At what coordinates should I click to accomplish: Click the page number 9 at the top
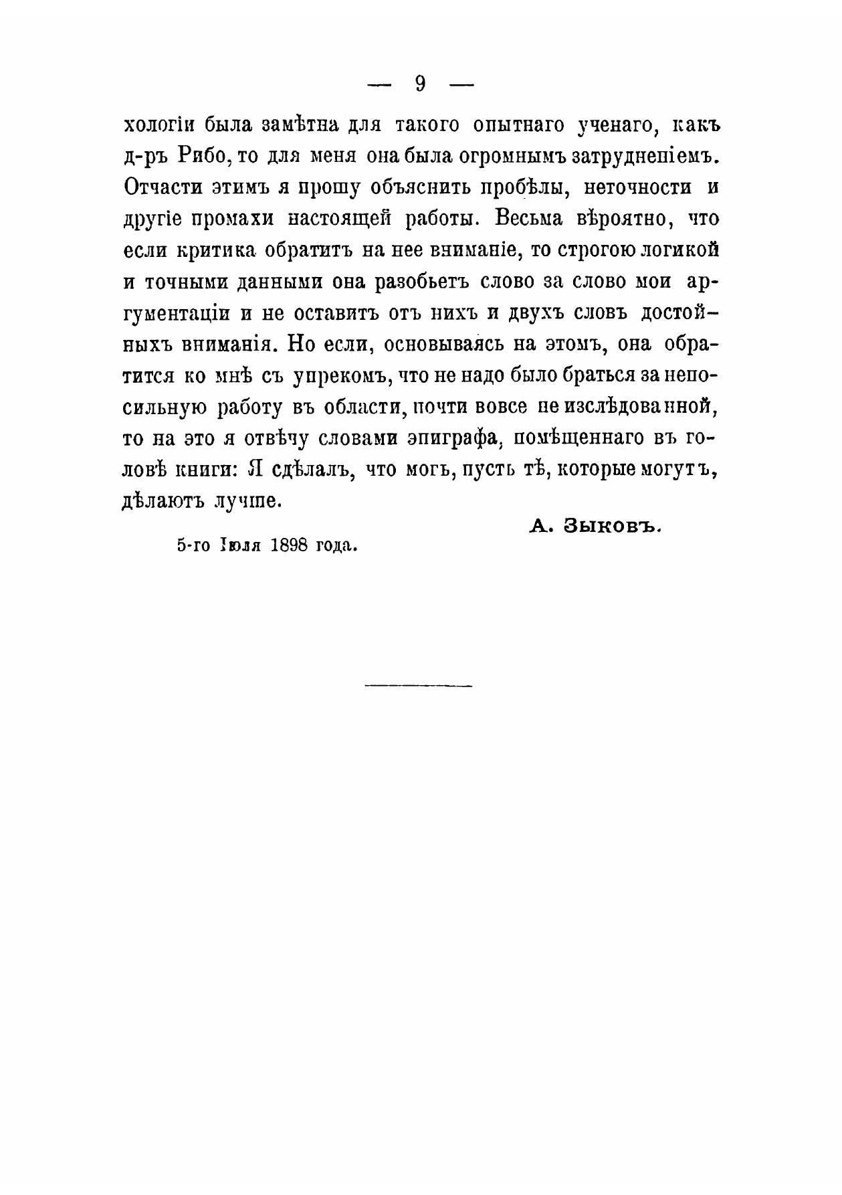pyautogui.click(x=420, y=84)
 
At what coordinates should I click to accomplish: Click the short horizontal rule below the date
pyautogui.click(x=419, y=685)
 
